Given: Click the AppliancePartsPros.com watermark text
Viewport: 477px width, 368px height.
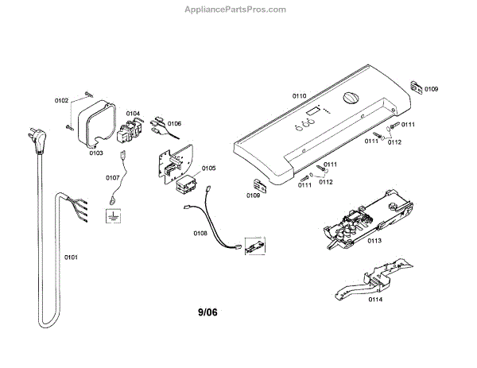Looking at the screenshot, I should (239, 10).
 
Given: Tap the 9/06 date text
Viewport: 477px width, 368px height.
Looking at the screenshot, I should (207, 312).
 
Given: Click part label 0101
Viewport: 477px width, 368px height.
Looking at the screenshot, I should (72, 258).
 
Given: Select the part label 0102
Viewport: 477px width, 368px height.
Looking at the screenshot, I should (61, 101).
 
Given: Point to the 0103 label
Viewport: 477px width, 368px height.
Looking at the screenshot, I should (95, 152).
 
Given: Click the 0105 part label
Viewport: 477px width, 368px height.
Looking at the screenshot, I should (208, 168).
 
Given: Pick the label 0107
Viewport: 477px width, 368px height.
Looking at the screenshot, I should (113, 177).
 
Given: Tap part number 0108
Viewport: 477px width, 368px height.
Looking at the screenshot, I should (200, 233).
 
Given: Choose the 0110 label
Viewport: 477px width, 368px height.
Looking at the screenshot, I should (299, 95).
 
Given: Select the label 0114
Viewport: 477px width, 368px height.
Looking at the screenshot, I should (374, 300).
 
